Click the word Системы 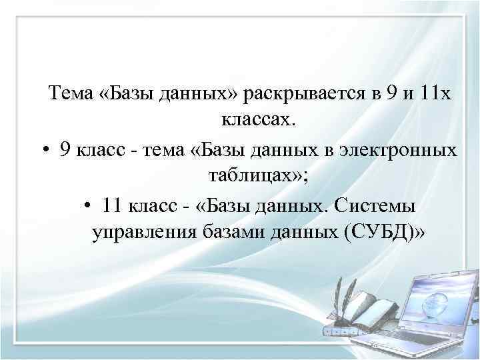(385, 206)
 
